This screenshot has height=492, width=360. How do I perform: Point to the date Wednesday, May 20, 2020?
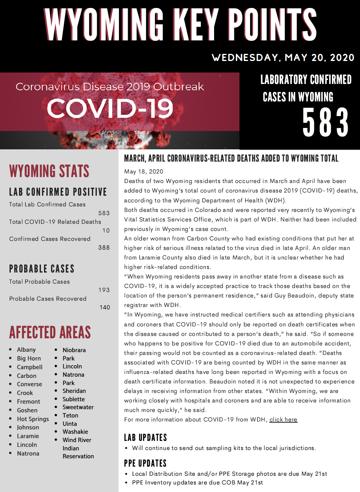click(283, 58)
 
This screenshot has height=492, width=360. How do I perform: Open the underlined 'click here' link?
click(283, 420)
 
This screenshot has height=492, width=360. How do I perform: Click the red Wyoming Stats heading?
click(49, 172)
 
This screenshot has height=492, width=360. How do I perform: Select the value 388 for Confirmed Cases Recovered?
click(104, 248)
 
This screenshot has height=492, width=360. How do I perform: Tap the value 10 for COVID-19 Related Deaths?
click(105, 231)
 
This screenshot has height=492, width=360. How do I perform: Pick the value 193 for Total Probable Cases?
click(104, 290)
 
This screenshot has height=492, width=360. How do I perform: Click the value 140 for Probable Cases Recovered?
click(105, 307)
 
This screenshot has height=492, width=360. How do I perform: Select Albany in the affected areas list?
click(26, 350)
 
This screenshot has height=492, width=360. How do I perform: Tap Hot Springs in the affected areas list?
click(33, 419)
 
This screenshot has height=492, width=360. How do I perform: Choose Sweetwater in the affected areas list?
click(79, 407)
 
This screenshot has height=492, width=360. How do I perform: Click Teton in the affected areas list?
click(70, 416)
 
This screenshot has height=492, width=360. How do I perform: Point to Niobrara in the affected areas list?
click(74, 350)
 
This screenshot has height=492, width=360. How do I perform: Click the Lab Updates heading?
click(146, 438)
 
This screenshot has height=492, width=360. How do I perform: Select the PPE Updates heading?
click(145, 463)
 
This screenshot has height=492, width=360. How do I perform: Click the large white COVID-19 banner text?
click(110, 108)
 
